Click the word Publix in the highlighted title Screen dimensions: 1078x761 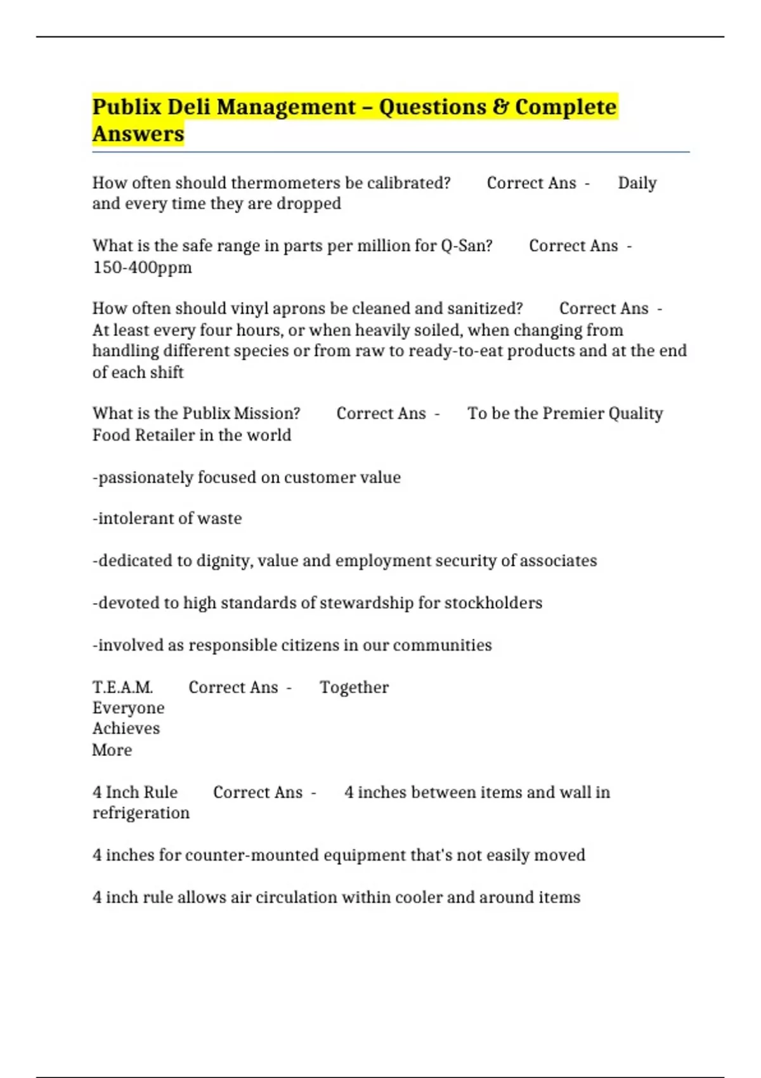(127, 107)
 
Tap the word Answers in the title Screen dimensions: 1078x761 (138, 134)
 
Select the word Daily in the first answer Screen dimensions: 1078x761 (637, 183)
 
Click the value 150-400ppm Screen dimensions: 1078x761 (142, 267)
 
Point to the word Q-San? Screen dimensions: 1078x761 (466, 245)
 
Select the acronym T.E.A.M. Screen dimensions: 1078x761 (122, 687)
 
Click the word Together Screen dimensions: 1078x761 (354, 687)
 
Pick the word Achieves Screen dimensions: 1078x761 (126, 729)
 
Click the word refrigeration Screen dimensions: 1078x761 (141, 813)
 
